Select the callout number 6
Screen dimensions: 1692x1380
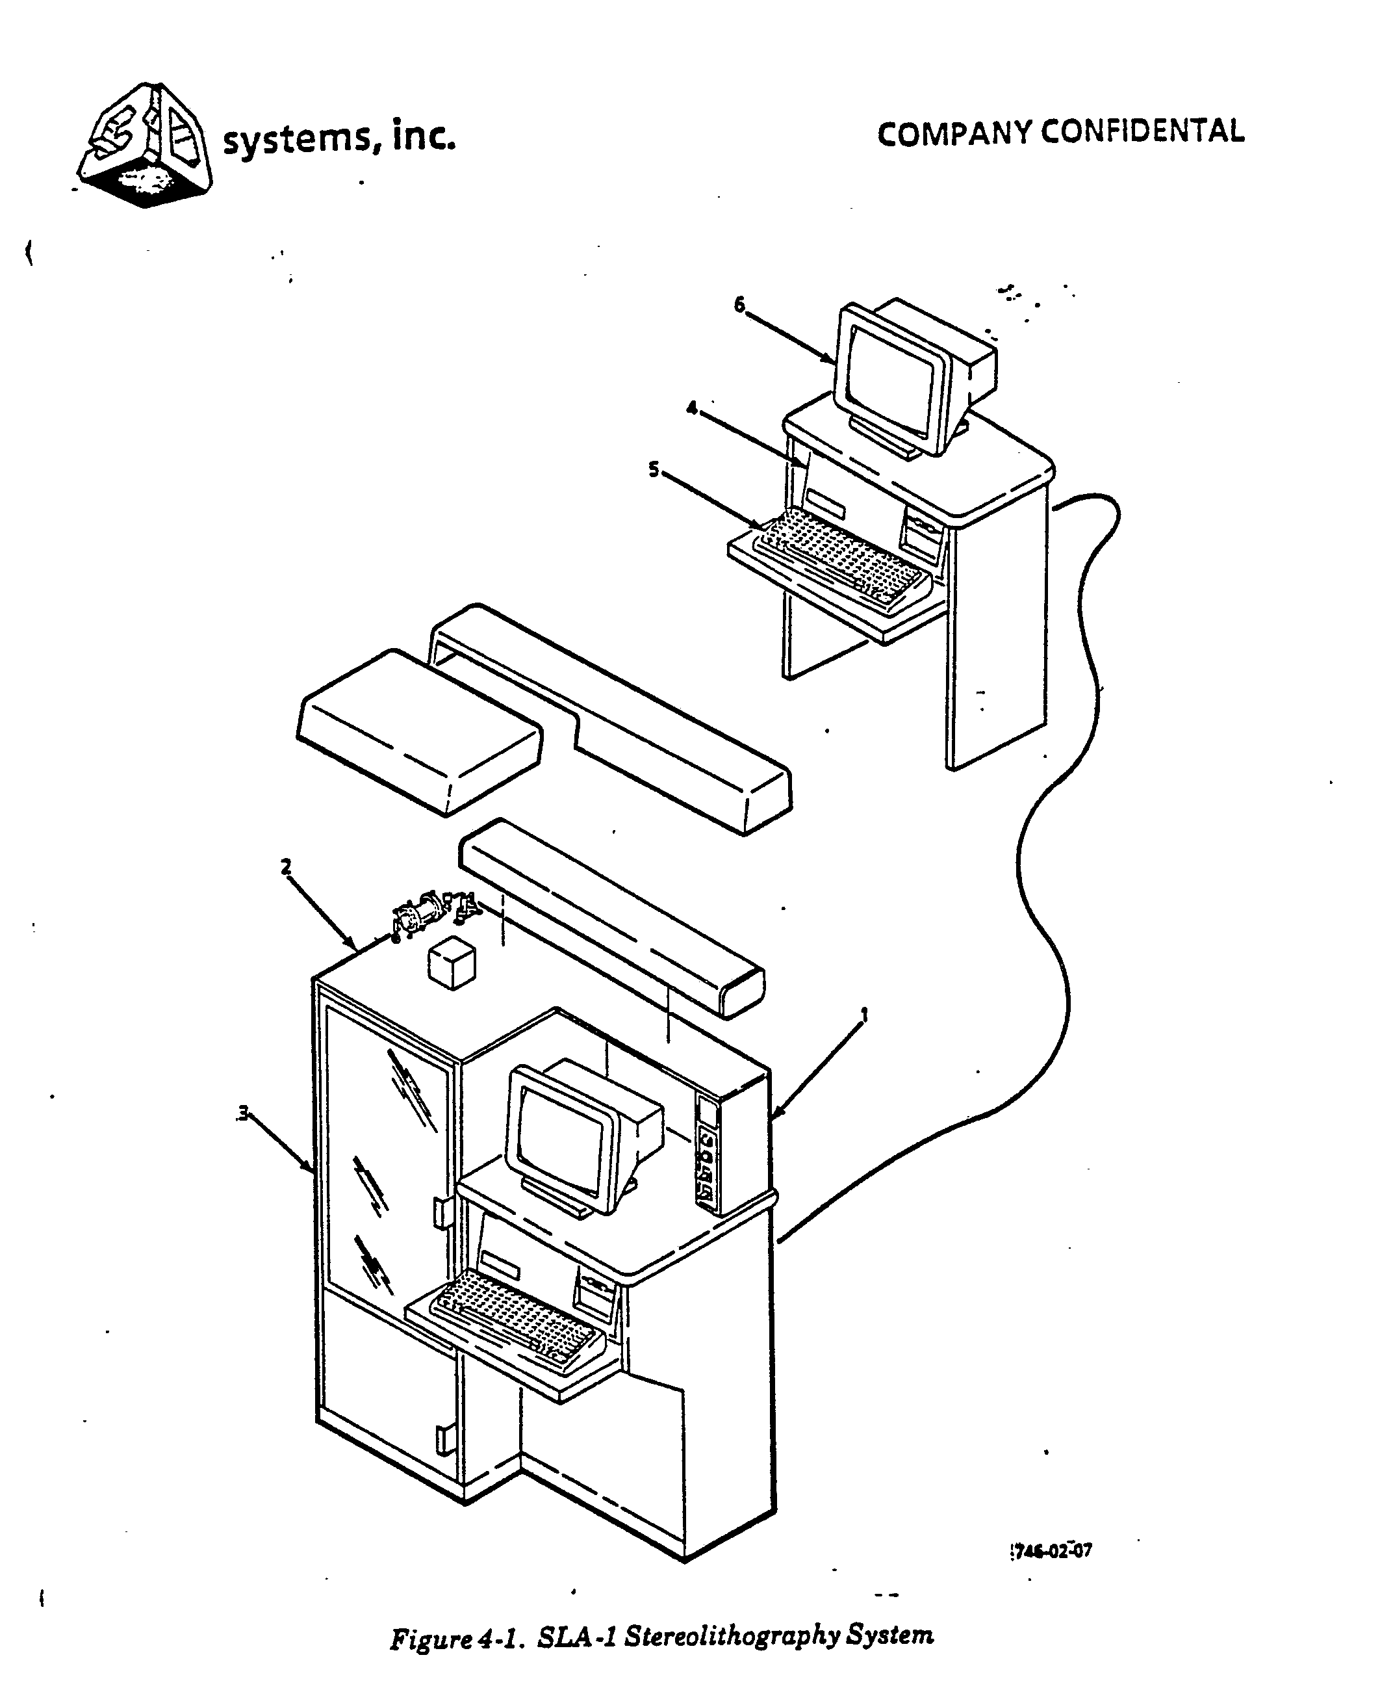tap(739, 304)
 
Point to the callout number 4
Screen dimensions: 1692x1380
tap(691, 408)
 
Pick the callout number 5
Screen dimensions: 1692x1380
tap(654, 470)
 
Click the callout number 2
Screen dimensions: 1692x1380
tap(285, 866)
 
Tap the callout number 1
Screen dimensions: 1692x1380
tap(864, 1015)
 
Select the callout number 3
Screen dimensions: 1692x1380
tap(243, 1112)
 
